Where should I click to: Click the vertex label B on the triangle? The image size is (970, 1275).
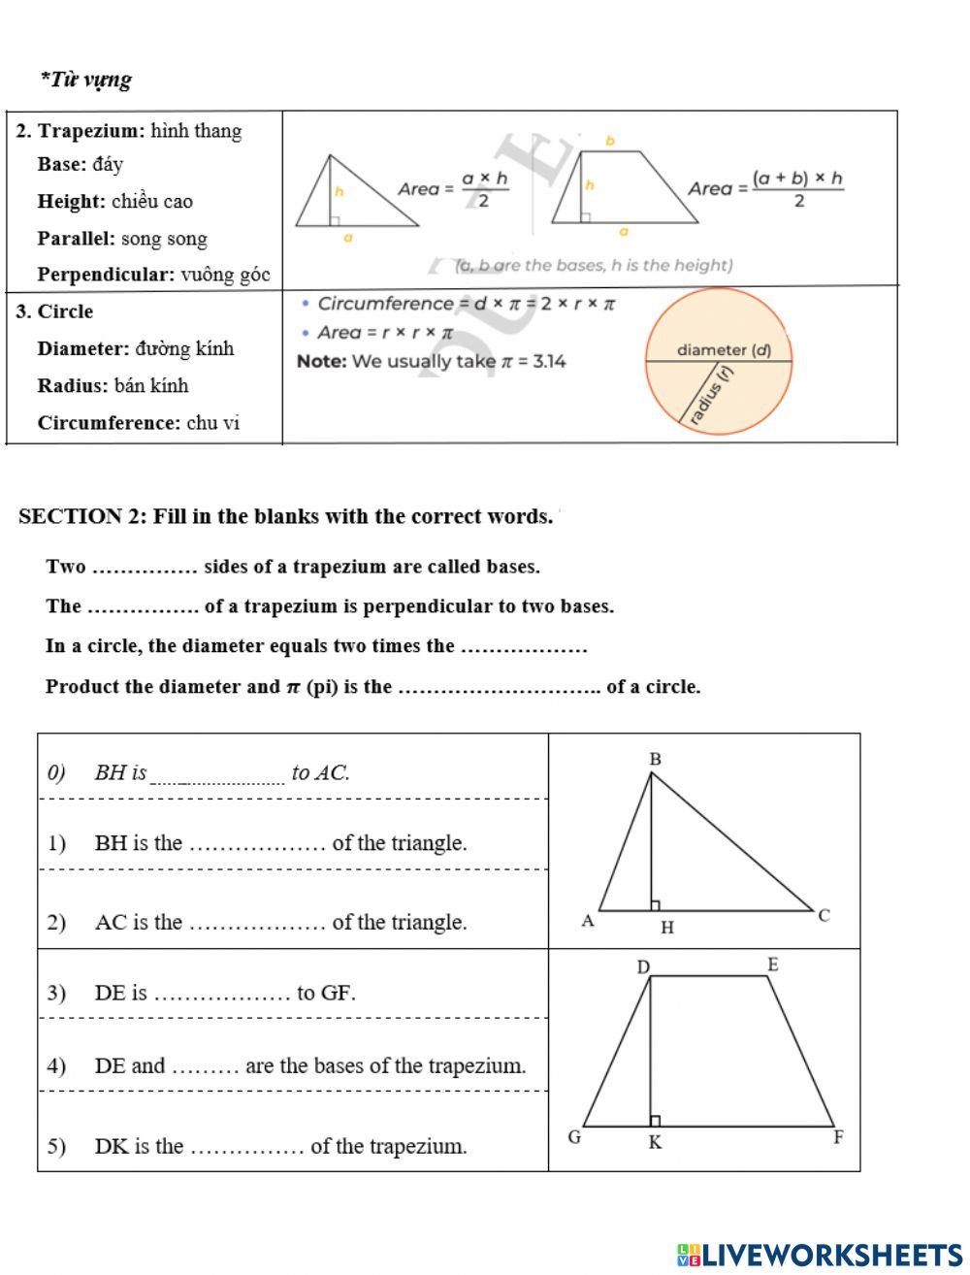(x=655, y=759)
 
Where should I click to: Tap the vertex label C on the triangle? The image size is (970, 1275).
(x=824, y=915)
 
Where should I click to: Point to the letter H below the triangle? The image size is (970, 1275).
(x=666, y=929)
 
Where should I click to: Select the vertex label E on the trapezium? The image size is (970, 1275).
(x=772, y=964)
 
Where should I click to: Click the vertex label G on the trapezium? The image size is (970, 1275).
(x=574, y=1137)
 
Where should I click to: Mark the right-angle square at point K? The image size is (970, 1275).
(x=656, y=1121)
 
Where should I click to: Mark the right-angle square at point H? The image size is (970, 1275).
(x=656, y=905)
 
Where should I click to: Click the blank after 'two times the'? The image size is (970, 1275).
(x=524, y=647)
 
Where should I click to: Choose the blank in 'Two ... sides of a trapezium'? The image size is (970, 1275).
(x=145, y=568)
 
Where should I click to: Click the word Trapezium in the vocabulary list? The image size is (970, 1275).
(x=91, y=131)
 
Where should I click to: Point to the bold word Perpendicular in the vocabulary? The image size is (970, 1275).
(x=106, y=275)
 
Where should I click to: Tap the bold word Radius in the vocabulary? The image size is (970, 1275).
(x=73, y=385)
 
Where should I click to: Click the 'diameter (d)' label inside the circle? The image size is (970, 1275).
(x=724, y=350)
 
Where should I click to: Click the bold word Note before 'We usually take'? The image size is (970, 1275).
(x=321, y=362)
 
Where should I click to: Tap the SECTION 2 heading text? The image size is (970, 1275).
(x=286, y=516)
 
